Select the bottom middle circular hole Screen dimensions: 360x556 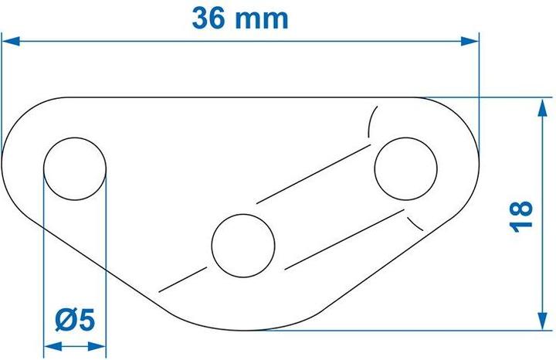pos(243,245)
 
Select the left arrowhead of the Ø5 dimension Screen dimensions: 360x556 pos(49,346)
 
